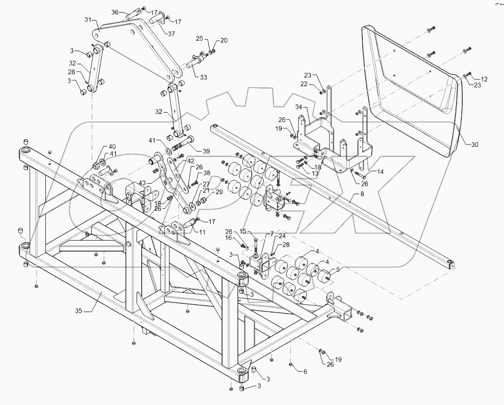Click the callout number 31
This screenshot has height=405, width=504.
point(88,19)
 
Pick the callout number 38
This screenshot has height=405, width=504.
point(207,173)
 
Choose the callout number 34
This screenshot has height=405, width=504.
point(299,106)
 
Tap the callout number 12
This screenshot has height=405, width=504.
point(484,79)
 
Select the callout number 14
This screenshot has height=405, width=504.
point(380,172)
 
